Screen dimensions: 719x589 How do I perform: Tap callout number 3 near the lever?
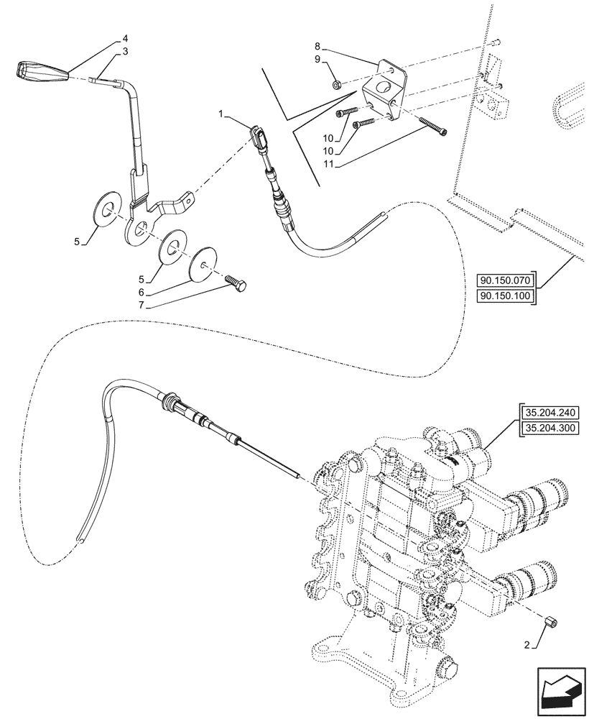click(125, 52)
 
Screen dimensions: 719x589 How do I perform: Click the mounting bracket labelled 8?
click(385, 90)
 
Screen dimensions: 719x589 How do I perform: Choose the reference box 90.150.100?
click(505, 296)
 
